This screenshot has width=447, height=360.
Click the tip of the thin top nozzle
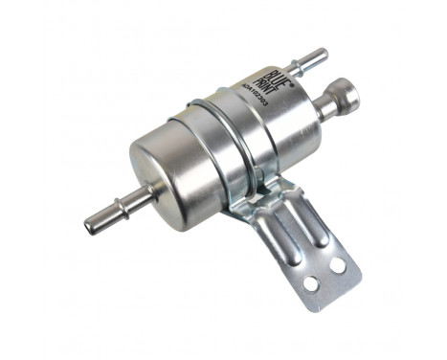tap(322, 54)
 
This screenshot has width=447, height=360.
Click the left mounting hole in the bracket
tap(309, 282)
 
